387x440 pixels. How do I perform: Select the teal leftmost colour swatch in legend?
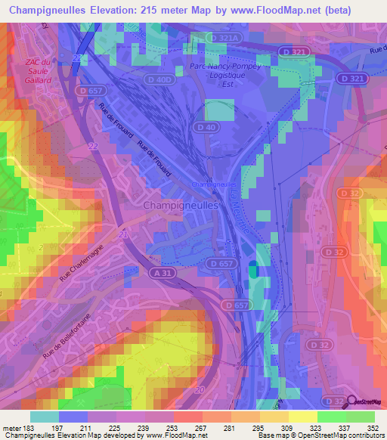(44, 417)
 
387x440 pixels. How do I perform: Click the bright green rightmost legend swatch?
(361, 417)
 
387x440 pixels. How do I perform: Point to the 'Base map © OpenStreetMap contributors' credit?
(321, 435)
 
